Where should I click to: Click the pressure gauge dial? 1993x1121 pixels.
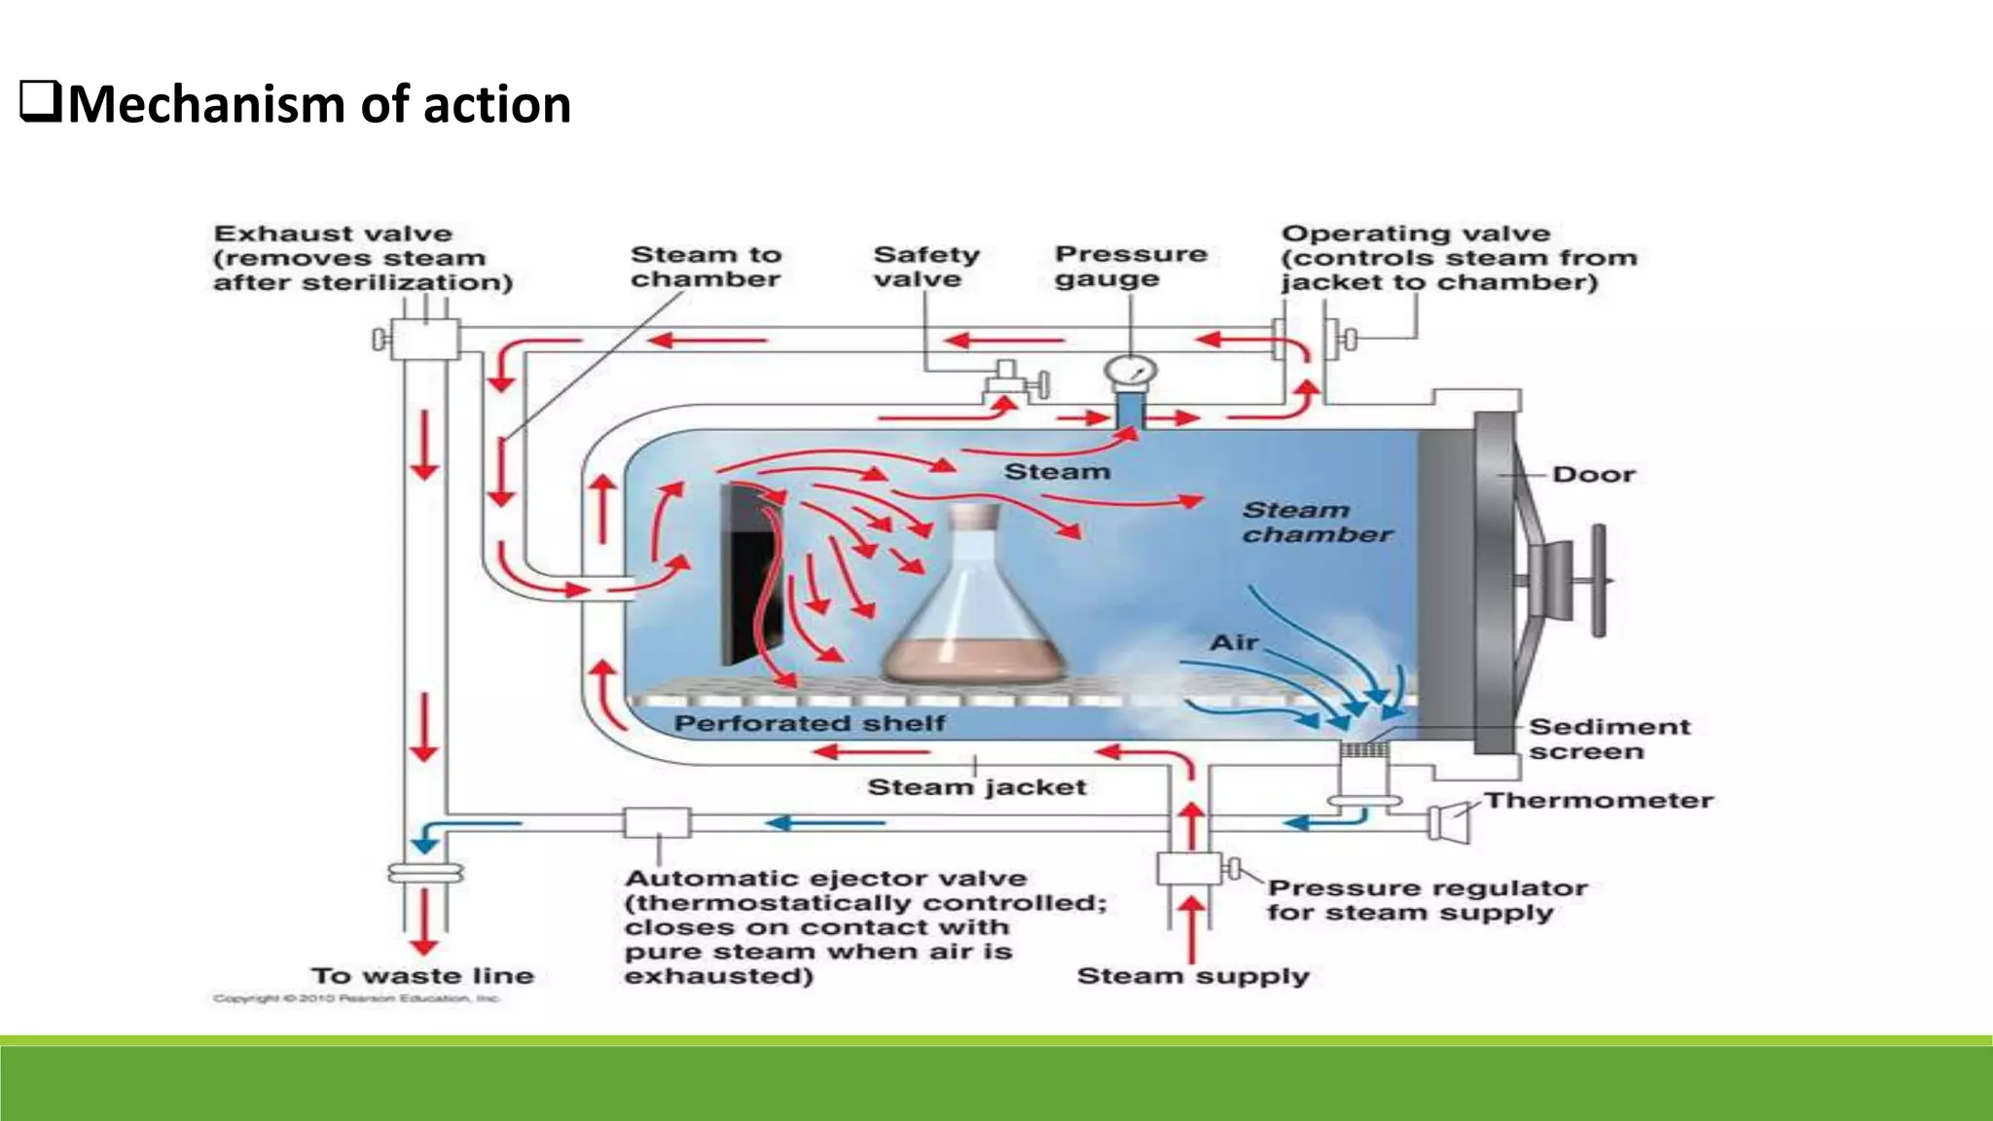[1131, 371]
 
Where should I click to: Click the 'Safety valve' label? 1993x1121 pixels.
[925, 267]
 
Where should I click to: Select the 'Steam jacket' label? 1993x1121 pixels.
[976, 786]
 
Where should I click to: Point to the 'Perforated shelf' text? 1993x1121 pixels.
[809, 723]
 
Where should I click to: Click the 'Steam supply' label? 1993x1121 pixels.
[1192, 976]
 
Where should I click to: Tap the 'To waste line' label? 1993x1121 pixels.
[422, 975]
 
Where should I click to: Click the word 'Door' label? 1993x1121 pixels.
[1593, 475]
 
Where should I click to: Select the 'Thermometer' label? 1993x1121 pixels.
[1598, 800]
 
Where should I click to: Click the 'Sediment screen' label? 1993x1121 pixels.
[1609, 739]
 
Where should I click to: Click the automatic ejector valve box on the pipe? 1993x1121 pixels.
[658, 823]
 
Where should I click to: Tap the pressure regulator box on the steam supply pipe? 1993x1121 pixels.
[1189, 868]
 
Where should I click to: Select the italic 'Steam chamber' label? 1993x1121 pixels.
[1317, 523]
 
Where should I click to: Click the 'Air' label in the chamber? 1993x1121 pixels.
[1234, 642]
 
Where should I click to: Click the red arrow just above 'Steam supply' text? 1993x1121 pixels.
[1192, 929]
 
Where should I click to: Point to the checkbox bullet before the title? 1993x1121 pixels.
[41, 102]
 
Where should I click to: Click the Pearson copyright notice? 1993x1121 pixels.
[356, 998]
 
